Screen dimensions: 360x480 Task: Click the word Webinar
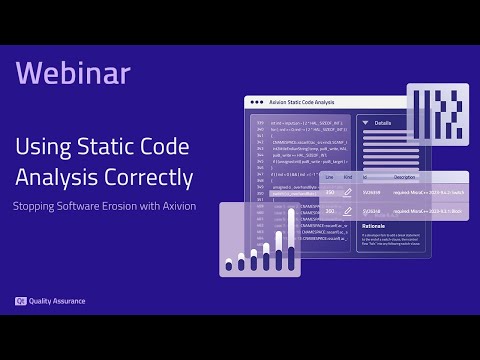73,73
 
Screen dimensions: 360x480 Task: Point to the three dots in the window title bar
258,102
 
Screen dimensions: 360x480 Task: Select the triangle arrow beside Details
365,123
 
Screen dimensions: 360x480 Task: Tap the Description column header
404,176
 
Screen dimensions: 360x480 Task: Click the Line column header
328,176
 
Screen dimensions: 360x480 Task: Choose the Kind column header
347,176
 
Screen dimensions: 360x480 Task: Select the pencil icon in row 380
347,211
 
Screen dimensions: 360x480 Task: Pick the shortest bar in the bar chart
229,265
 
